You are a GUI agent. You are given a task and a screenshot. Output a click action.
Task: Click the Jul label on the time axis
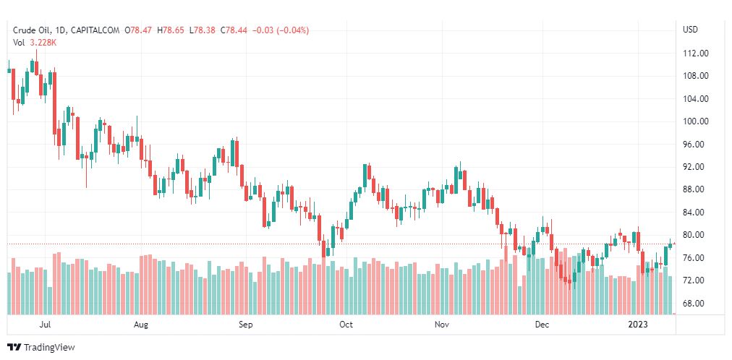(46, 325)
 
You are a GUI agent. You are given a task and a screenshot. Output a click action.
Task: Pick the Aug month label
(141, 325)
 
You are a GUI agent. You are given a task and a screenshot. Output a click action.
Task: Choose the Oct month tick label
(346, 325)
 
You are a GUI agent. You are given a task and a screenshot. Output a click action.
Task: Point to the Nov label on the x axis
(443, 325)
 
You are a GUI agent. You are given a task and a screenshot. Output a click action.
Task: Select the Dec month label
(542, 325)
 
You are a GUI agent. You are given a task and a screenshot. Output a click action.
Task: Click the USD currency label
(690, 30)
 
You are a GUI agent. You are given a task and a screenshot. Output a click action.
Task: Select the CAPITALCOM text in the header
(97, 30)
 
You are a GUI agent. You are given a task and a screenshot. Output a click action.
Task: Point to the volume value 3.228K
(43, 43)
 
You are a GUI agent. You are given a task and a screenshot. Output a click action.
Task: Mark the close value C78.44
(234, 30)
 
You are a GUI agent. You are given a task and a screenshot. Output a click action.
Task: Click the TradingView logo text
(48, 348)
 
